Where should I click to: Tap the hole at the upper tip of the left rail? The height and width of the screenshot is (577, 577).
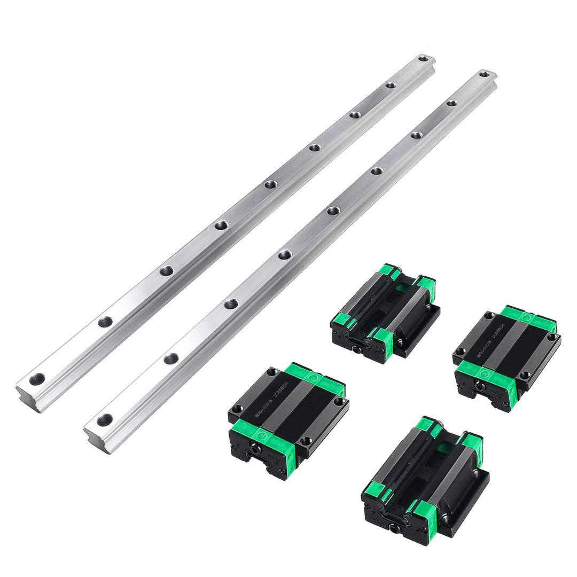click(423, 58)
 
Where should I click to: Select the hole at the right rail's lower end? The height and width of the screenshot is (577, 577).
click(105, 419)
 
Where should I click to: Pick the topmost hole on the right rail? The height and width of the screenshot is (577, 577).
click(484, 74)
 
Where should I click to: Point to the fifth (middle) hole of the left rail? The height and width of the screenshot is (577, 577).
click(270, 184)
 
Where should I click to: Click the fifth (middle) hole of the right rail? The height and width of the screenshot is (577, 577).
click(333, 209)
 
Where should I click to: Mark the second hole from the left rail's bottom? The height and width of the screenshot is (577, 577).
click(105, 322)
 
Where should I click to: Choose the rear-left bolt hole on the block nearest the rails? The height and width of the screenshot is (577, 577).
click(272, 371)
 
